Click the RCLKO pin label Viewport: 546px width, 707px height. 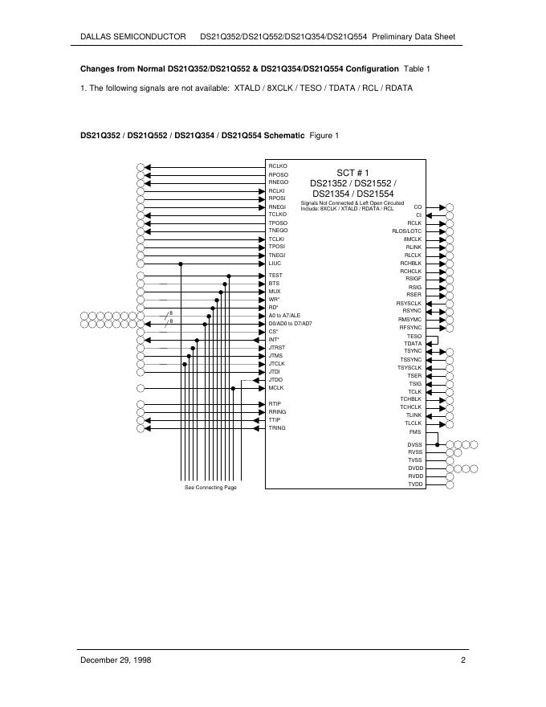click(278, 166)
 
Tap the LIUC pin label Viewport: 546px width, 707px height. click(275, 263)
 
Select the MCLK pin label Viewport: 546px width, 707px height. click(276, 388)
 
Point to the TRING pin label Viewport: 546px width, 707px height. click(277, 427)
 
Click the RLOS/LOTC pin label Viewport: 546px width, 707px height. click(406, 231)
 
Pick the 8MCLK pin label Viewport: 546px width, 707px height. click(413, 239)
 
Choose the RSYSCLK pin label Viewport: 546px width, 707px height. click(409, 303)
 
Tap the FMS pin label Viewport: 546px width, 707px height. click(415, 431)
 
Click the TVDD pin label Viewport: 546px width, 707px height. click(414, 484)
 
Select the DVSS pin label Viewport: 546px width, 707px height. click(414, 444)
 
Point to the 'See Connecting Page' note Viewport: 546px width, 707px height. click(210, 488)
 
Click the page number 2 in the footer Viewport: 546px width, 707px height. click(463, 660)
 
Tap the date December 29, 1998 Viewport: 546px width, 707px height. click(116, 660)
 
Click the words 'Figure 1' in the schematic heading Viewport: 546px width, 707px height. click(324, 135)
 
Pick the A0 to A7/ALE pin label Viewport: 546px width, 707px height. click(284, 315)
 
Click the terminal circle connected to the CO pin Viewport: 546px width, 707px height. click(450, 207)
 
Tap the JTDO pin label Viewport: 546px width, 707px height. click(275, 379)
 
